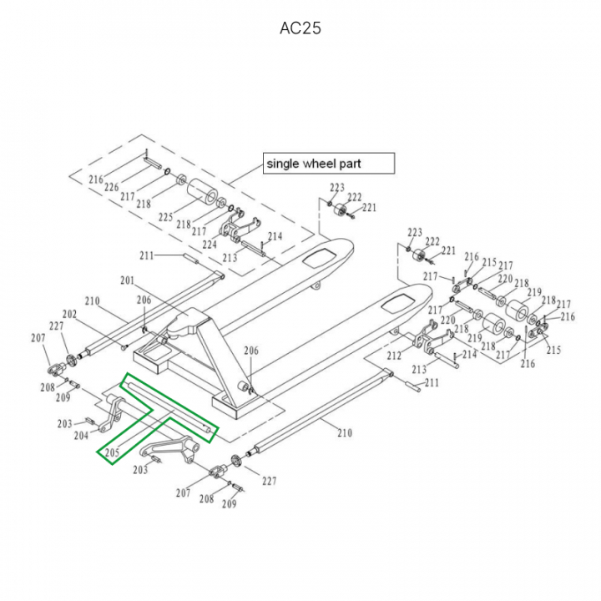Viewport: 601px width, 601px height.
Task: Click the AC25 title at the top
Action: click(x=300, y=28)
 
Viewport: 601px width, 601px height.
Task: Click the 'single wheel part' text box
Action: click(x=328, y=163)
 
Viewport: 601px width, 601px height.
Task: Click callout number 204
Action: click(x=81, y=435)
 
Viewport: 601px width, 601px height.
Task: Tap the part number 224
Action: click(x=209, y=245)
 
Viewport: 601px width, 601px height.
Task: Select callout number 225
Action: click(x=165, y=217)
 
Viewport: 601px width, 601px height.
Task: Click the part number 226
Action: click(x=111, y=188)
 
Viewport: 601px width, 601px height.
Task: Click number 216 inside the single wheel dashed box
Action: click(x=96, y=179)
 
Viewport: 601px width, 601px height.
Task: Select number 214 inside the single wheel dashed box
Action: click(x=275, y=237)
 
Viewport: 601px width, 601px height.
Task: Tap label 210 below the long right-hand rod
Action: click(x=344, y=432)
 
